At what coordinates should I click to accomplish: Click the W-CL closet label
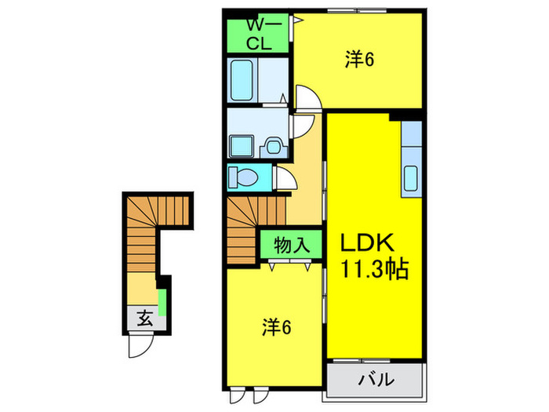coord(259,34)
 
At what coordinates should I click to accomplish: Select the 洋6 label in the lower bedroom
coord(277,327)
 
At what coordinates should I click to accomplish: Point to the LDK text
coord(372,242)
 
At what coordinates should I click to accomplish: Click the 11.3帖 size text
coord(373,271)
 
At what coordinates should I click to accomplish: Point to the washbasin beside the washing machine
coord(273,146)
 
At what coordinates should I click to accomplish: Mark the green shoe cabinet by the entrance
coord(162,301)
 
